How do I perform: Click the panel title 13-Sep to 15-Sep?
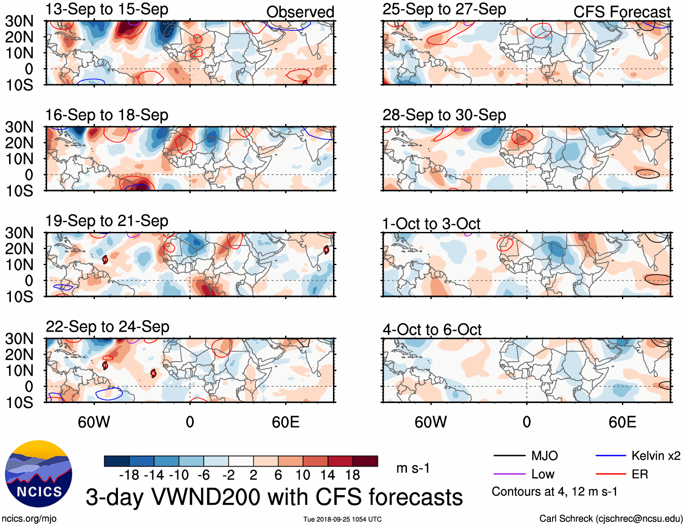pos(107,10)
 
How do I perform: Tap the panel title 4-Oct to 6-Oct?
pos(431,329)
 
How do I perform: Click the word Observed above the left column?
pos(300,12)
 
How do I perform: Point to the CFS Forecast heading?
pos(621,12)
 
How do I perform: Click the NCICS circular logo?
pos(39,474)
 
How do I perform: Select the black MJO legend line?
pos(509,456)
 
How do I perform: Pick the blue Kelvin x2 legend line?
pos(611,456)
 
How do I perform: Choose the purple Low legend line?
pos(509,474)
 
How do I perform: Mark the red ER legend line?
pos(611,474)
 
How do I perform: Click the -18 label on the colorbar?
pos(129,475)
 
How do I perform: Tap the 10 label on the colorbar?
pos(303,475)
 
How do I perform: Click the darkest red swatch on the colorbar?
pos(365,461)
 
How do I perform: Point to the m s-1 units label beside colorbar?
pos(413,468)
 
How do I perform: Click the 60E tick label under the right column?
pos(622,423)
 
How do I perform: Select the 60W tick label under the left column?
pos(94,423)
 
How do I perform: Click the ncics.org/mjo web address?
pos(29,519)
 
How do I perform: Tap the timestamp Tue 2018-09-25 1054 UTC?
pos(342,519)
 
